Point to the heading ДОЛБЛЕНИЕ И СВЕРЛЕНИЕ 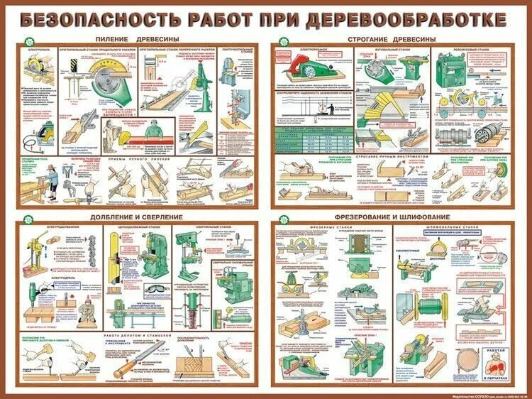[x=135, y=216]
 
